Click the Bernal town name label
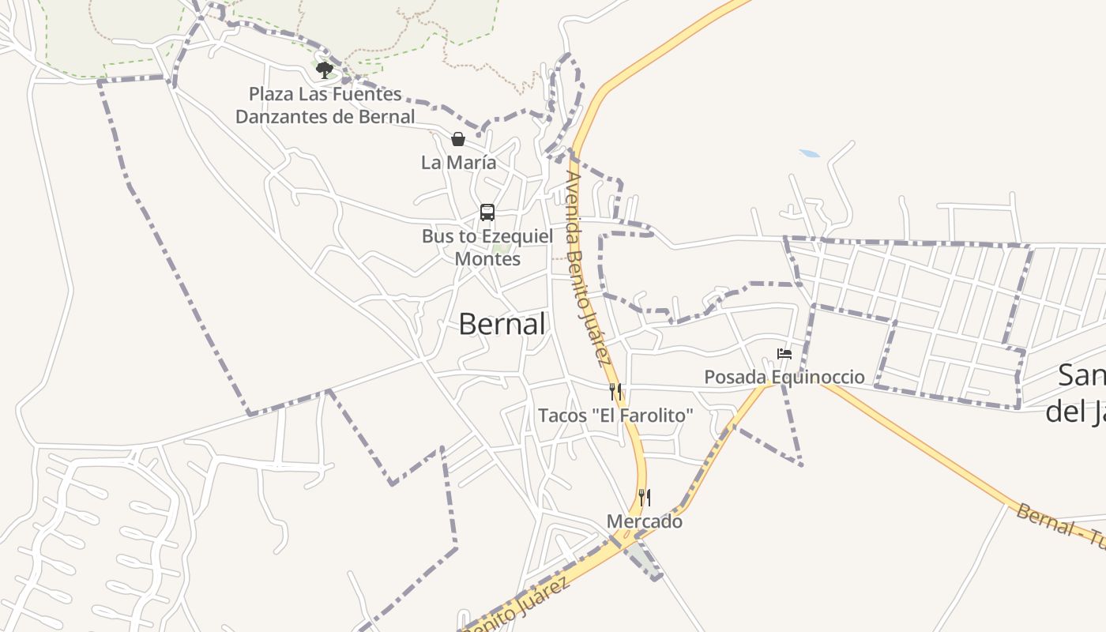502,324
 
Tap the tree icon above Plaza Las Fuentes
324,70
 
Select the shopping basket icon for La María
458,140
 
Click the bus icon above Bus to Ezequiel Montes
487,213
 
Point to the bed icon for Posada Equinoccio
784,353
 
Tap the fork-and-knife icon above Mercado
645,498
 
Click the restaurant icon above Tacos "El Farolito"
615,391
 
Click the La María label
458,163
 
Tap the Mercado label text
645,521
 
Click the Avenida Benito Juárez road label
585,269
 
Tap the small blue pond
810,153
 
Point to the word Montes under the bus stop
487,259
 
